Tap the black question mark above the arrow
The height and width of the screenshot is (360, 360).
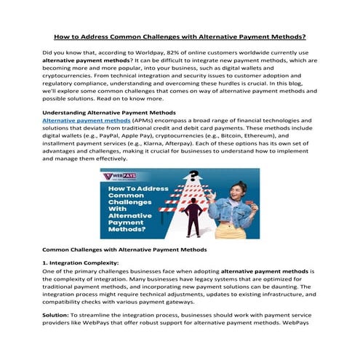pos(193,177)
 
